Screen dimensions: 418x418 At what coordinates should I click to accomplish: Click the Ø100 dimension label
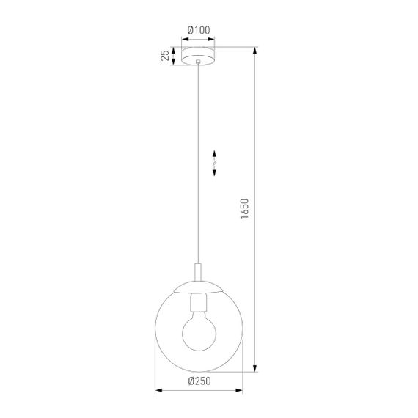point(199,30)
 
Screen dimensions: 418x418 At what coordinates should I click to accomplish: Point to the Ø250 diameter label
point(199,381)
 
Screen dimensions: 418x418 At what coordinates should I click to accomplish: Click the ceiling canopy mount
point(199,56)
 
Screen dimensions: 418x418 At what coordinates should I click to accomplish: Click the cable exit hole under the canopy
point(199,66)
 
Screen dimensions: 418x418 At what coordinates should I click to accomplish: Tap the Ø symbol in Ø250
point(191,381)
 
